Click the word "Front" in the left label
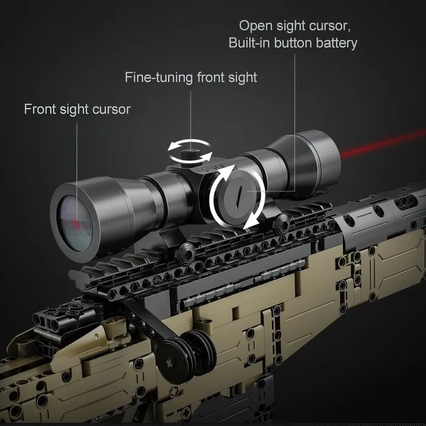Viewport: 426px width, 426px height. pos(40,109)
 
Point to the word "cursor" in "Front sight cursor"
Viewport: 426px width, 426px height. pos(111,110)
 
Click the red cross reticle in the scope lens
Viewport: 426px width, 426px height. pos(77,225)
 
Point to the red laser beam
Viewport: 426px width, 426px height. pos(383,144)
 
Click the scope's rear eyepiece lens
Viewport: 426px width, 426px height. pos(75,223)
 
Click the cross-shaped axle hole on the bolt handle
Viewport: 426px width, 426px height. pos(169,363)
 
